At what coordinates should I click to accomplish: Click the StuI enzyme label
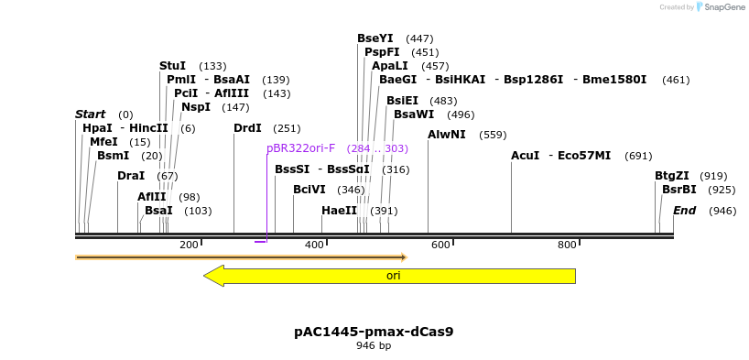click(172, 66)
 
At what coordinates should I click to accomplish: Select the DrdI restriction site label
click(247, 128)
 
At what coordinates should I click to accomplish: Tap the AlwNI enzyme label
click(447, 135)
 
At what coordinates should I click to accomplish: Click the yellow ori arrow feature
click(390, 276)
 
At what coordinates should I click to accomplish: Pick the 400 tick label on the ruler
click(314, 245)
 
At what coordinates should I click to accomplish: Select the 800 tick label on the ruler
click(567, 245)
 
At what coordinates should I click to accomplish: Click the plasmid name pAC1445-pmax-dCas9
click(374, 332)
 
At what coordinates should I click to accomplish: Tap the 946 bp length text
click(374, 345)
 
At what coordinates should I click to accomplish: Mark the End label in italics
click(685, 211)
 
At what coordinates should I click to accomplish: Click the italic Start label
click(91, 115)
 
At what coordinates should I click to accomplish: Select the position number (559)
click(493, 136)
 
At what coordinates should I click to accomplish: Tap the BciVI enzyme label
click(309, 190)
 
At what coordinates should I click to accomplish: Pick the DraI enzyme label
click(131, 176)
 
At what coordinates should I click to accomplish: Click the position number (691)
click(638, 157)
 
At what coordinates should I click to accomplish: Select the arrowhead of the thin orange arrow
click(404, 257)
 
